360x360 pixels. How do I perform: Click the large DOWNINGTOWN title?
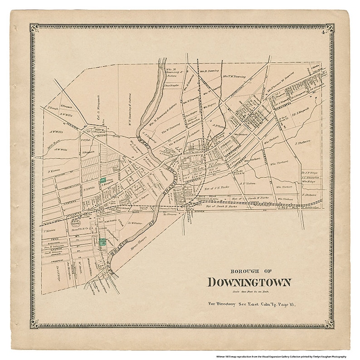tap(249, 282)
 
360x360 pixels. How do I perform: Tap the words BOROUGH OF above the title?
tap(249, 268)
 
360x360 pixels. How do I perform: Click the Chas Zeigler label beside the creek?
tap(169, 85)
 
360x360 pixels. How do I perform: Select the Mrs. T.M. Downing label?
tap(234, 77)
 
